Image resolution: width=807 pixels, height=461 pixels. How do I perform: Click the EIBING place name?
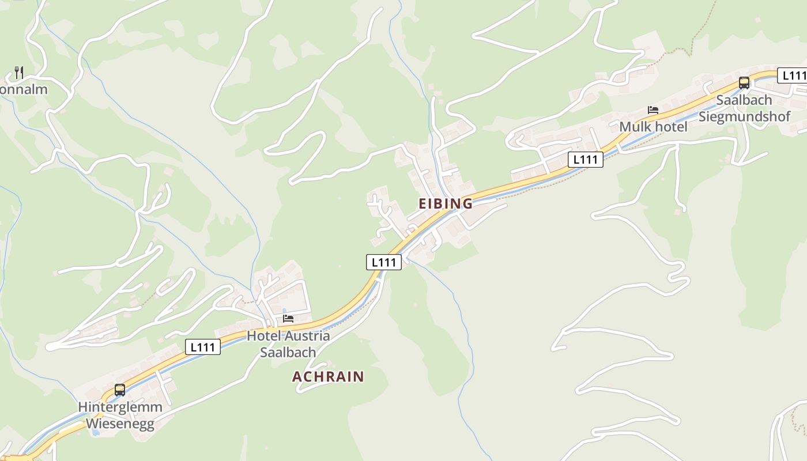445,203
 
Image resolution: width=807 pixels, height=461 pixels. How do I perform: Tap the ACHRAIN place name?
328,377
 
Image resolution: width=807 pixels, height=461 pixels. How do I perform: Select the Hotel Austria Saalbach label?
288,344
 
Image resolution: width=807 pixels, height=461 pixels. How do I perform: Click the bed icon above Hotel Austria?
288,318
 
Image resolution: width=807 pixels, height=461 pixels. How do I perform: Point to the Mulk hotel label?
653,127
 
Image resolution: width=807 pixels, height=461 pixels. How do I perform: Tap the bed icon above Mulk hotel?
653,110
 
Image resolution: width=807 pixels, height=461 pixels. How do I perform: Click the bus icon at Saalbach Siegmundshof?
744,82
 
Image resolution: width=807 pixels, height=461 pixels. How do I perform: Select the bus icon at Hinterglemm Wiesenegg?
120,390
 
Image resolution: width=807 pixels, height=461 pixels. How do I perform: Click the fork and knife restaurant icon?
19,72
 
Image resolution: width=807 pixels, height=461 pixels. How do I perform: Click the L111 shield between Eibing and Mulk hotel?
586,160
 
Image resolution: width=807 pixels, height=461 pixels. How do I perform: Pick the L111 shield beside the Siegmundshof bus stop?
793,75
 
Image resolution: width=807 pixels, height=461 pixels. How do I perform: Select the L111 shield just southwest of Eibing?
384,262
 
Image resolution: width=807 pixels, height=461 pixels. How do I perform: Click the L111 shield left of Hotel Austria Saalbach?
203,347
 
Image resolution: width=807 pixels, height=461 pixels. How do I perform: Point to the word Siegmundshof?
745,116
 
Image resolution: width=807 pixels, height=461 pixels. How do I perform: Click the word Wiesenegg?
120,424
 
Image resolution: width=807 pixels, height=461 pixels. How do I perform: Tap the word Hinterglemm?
120,407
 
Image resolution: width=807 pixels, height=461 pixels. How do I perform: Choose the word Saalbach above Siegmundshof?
744,100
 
